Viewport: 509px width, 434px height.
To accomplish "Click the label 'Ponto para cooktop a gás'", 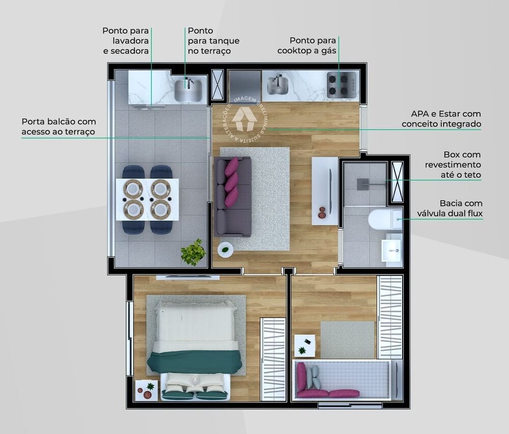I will click(x=306, y=46).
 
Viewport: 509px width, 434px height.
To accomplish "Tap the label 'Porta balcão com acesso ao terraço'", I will click(x=59, y=127).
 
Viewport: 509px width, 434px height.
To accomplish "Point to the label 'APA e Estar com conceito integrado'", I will click(x=441, y=119).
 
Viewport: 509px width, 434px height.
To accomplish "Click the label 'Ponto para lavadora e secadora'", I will click(x=125, y=41).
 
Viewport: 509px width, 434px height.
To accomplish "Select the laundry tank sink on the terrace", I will click(x=188, y=90).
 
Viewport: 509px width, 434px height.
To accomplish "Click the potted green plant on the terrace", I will click(x=193, y=252).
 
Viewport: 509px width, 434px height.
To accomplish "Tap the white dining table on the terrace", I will click(x=147, y=199).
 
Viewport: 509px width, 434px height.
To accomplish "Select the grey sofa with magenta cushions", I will click(x=232, y=197).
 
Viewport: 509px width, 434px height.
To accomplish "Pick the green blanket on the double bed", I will click(x=194, y=362).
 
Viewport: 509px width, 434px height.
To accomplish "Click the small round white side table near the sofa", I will click(x=225, y=249).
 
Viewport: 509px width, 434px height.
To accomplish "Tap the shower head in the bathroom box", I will click(x=363, y=183).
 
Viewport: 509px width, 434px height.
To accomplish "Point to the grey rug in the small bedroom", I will click(x=348, y=339).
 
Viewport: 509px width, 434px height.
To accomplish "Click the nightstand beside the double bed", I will click(x=146, y=390).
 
